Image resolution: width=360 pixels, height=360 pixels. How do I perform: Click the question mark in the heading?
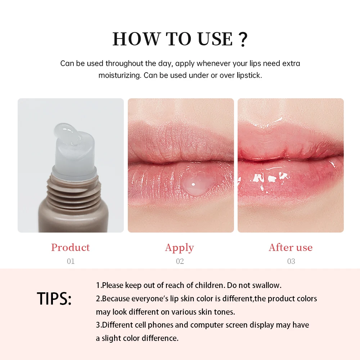coord(243,40)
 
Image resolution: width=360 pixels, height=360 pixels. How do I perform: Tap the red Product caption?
coord(70,248)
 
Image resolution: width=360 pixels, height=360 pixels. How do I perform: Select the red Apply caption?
coord(179,248)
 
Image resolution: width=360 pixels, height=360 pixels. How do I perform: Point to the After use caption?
coord(291,248)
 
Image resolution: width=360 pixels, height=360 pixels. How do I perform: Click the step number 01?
coord(71,261)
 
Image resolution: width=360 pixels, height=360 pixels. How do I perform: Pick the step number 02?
coord(180,261)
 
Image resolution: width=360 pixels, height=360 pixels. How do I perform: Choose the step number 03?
coord(291,261)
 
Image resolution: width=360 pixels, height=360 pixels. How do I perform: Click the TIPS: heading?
coord(54,299)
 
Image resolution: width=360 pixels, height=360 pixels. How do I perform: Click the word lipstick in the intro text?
coord(248,76)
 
